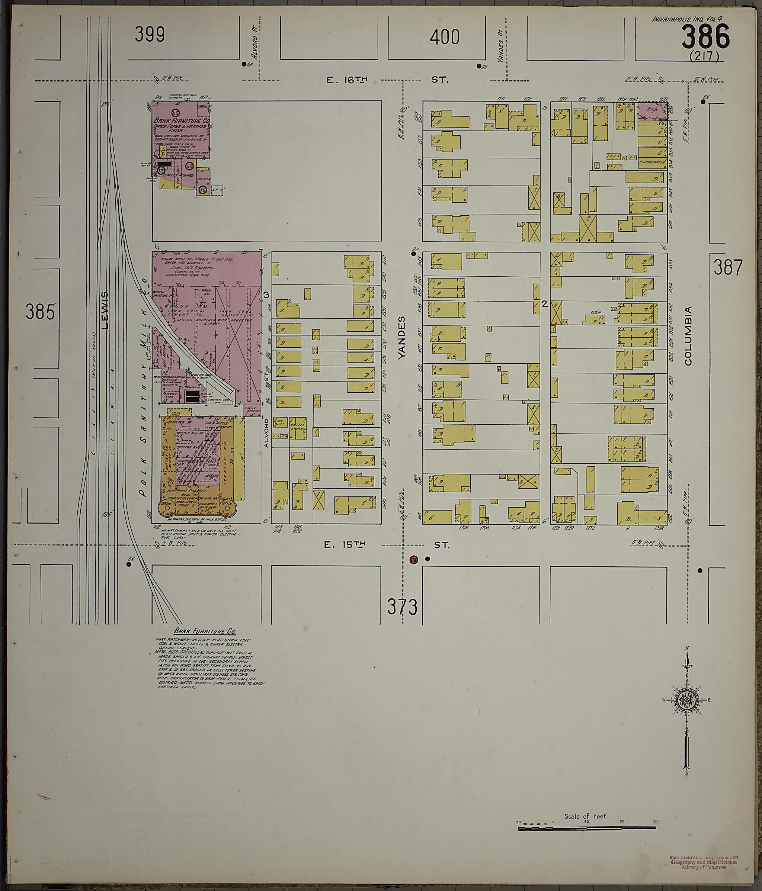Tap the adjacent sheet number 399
tap(149, 35)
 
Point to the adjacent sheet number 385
tap(41, 312)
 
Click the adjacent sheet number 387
tap(728, 268)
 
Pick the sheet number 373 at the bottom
tap(402, 607)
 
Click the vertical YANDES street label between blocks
tap(402, 338)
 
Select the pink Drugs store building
tap(651, 110)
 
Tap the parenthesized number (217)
tap(704, 56)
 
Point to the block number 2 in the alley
tap(544, 305)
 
